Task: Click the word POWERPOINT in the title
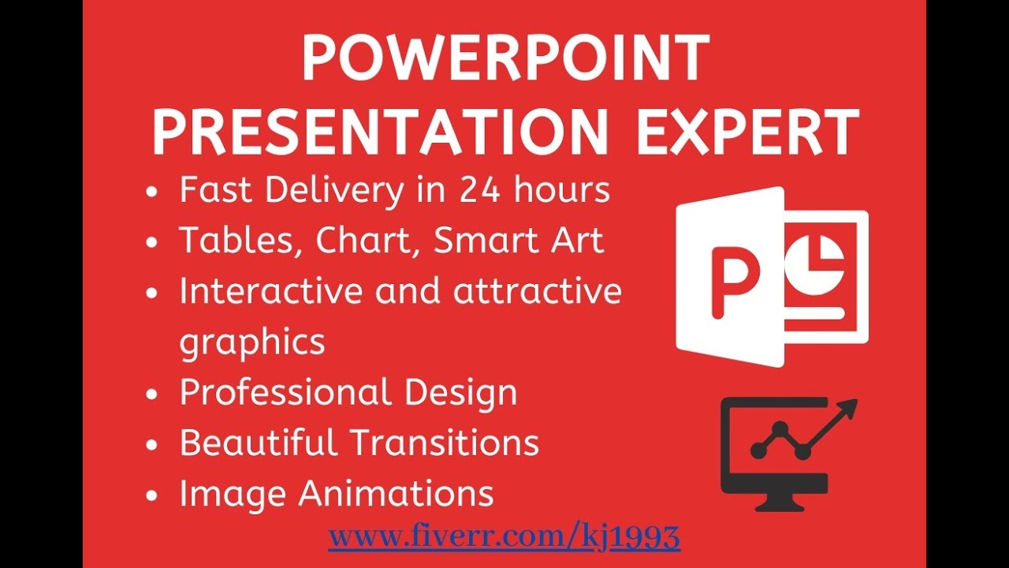(504, 60)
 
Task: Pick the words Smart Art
(519, 241)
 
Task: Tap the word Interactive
(270, 291)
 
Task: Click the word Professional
(285, 392)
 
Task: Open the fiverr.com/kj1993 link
(504, 537)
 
